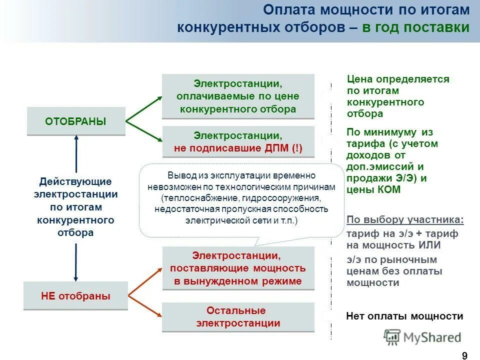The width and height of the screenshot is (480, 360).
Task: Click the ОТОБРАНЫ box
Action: [x=76, y=121]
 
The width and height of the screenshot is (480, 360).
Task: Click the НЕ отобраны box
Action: [x=76, y=296]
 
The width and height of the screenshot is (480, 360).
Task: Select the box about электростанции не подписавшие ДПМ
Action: [x=238, y=142]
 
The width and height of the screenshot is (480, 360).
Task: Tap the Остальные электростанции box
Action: [x=238, y=317]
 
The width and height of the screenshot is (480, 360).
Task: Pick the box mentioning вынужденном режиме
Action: [x=238, y=268]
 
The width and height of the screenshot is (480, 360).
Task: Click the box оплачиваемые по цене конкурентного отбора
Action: [x=238, y=96]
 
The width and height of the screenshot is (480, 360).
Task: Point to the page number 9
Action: [x=464, y=355]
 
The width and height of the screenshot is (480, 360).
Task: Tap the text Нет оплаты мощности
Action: [x=404, y=316]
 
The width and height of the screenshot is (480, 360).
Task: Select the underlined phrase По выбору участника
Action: [x=404, y=220]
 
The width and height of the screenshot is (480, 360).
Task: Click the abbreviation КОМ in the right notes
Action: [x=388, y=190]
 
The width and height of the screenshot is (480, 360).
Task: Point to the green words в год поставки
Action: [x=416, y=27]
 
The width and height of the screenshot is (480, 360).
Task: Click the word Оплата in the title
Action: [x=287, y=10]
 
